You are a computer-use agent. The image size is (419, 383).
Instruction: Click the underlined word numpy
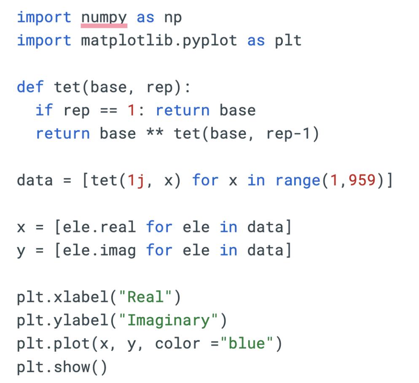(x=104, y=18)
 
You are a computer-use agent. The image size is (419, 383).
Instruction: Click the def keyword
(x=30, y=87)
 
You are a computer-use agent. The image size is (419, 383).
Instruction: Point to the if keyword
(x=44, y=110)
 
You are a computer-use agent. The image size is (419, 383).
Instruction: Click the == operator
(x=108, y=110)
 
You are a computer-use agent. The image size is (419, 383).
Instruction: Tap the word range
(x=298, y=180)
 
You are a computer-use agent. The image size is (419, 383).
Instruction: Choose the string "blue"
(x=247, y=344)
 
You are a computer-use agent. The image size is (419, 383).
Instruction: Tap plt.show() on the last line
(x=62, y=367)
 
